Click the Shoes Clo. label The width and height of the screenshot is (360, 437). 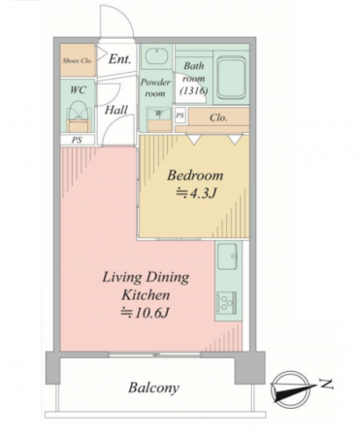click(x=78, y=60)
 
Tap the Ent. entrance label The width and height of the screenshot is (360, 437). click(x=119, y=59)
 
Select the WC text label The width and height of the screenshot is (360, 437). click(x=79, y=89)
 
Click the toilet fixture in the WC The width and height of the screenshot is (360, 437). click(x=78, y=117)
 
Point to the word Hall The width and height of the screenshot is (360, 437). click(x=116, y=110)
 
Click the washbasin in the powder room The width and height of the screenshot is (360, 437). click(x=156, y=57)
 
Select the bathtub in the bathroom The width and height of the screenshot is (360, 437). click(x=231, y=78)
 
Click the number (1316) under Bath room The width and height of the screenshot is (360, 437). click(x=194, y=91)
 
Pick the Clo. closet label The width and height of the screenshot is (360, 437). click(x=218, y=118)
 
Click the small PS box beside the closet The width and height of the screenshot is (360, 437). click(x=180, y=116)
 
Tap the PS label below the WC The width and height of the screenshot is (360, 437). click(x=77, y=140)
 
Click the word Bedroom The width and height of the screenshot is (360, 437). click(x=195, y=175)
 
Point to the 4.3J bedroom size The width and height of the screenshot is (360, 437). click(x=196, y=193)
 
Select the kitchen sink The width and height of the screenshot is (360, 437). click(x=228, y=256)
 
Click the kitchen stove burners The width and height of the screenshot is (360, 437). click(x=226, y=303)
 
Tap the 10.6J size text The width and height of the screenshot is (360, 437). click(x=145, y=313)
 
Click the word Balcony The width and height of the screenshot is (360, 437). click(x=153, y=387)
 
